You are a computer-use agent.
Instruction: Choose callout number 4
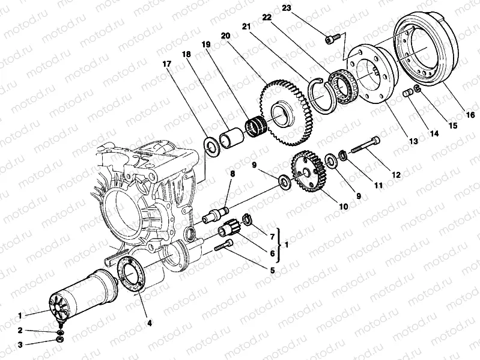pos(149,323)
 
